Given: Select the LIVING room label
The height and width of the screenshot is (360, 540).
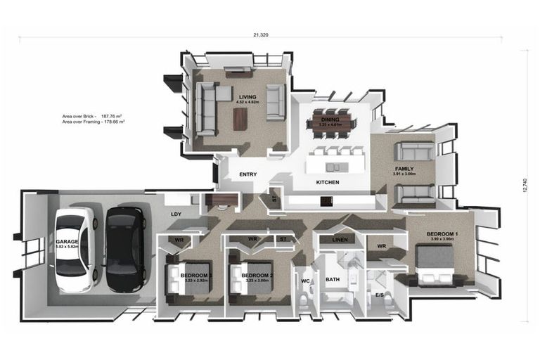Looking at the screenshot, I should (247, 97).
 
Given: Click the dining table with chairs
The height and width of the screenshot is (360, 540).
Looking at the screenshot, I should (330, 124).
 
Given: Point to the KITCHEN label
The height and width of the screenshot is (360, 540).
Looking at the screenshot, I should (328, 182).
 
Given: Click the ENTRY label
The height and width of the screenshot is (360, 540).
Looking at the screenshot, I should (247, 174).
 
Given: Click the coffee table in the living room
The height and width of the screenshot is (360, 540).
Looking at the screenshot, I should (240, 117).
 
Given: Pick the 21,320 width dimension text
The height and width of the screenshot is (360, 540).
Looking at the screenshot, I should (260, 34).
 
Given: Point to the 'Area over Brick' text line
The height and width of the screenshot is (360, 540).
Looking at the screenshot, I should (92, 116).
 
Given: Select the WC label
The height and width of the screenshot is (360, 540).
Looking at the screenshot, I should (305, 281).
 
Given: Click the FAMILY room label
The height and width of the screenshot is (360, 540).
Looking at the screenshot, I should (404, 169).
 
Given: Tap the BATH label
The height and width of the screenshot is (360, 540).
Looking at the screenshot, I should (332, 280).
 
